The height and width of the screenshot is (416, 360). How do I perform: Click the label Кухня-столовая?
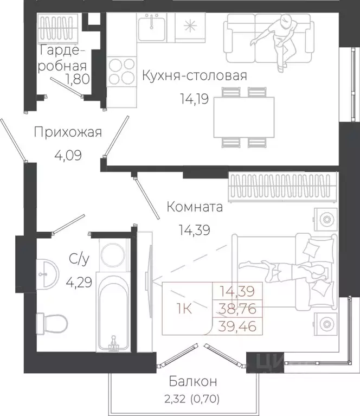(194, 75)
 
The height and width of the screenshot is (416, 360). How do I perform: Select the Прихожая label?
(67, 132)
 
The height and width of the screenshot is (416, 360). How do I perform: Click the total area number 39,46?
(237, 325)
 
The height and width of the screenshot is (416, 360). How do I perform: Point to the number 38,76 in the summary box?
(237, 309)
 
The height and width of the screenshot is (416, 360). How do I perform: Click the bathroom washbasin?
(48, 272)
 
